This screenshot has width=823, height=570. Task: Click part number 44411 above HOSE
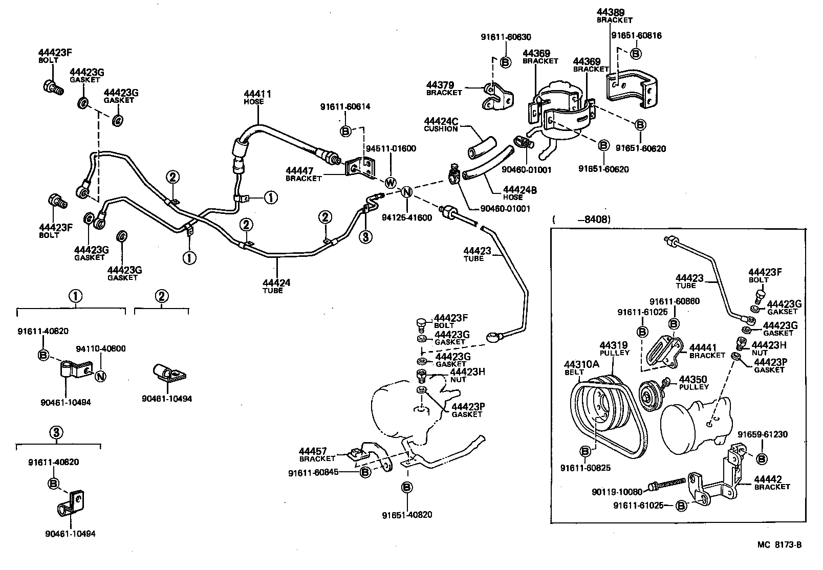pos(257,94)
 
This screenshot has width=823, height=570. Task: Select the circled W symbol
pos(391,183)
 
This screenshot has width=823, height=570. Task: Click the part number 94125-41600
pos(407,217)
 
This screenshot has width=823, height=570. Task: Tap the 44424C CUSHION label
pos(441,125)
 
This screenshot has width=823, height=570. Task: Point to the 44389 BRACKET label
pos(614,16)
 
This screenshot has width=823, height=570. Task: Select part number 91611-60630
pos(506,37)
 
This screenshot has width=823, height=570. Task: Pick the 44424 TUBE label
pos(276,286)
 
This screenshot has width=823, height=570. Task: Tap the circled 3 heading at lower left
pos(58,433)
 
